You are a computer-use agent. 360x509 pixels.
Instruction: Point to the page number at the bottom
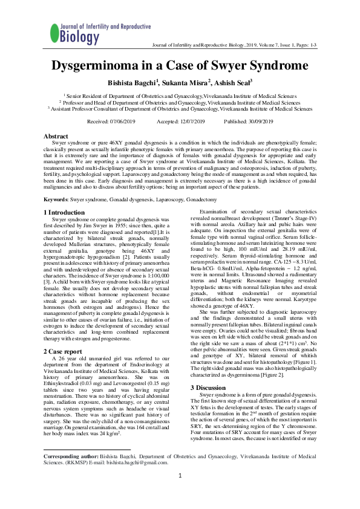pos(180,493)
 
